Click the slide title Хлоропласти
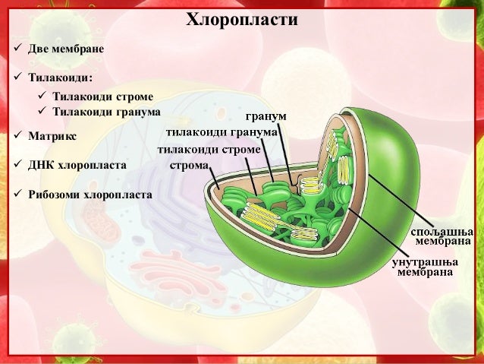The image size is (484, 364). (241, 19)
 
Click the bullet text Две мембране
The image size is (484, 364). (65, 49)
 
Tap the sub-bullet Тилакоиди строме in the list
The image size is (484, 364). (102, 97)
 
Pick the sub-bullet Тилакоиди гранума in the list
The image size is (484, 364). (106, 111)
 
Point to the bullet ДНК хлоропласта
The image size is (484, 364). (77, 164)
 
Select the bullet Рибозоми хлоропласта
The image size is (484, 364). (90, 194)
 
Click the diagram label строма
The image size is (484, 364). (189, 165)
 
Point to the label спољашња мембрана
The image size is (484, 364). (442, 236)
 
